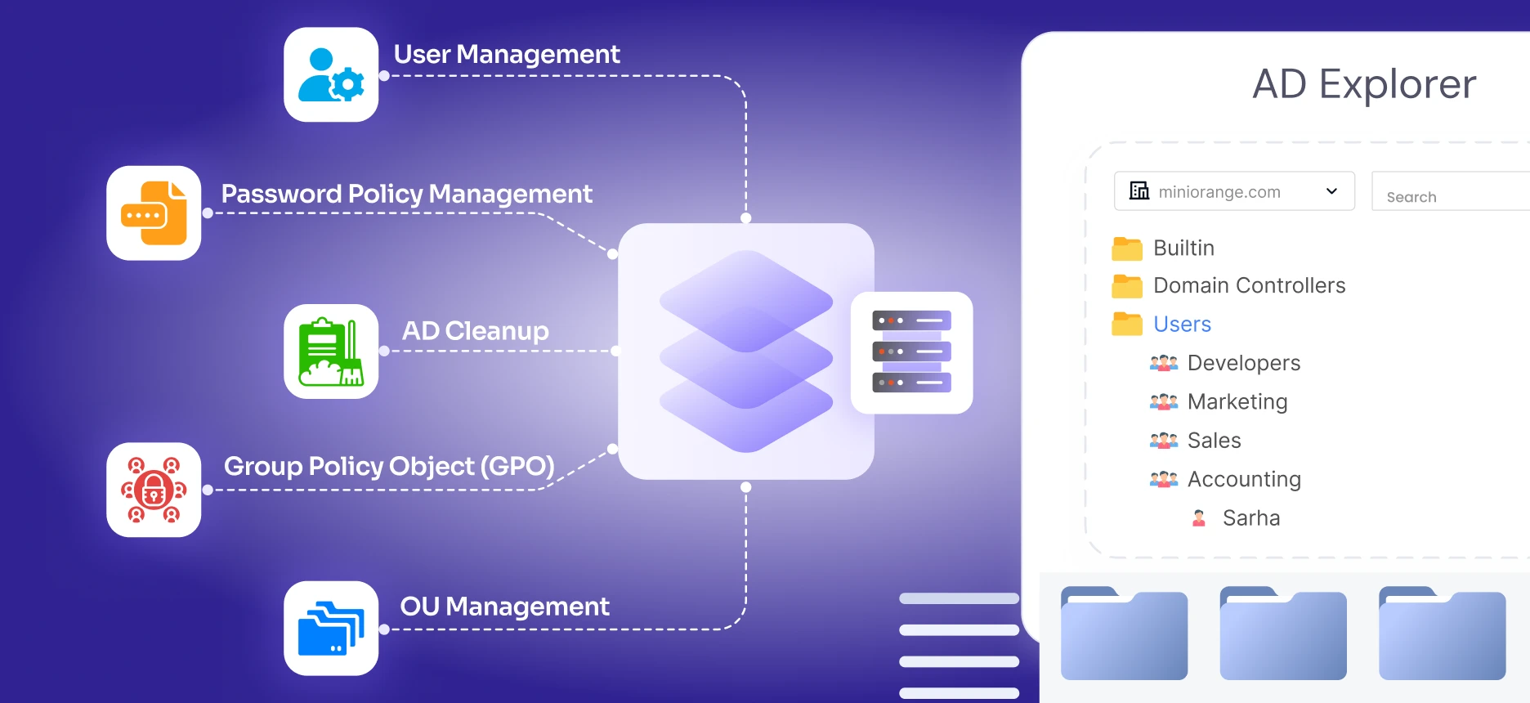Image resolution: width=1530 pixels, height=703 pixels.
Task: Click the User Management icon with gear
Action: click(x=331, y=74)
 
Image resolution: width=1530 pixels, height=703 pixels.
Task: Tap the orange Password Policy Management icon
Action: click(x=154, y=213)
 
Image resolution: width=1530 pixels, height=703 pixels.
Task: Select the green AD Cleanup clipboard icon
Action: click(x=331, y=351)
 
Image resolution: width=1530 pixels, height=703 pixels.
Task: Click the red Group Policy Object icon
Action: click(x=154, y=490)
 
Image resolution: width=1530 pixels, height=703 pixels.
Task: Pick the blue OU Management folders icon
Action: click(x=331, y=628)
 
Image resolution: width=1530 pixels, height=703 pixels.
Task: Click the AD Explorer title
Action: click(x=1363, y=84)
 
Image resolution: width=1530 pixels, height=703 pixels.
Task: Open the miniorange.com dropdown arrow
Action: click(x=1331, y=191)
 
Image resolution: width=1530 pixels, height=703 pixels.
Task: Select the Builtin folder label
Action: click(x=1183, y=248)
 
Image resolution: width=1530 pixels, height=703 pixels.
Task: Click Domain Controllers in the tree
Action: click(x=1249, y=285)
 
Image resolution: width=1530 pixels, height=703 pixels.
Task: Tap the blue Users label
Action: click(x=1182, y=324)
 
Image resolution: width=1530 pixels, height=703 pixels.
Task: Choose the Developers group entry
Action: click(x=1243, y=363)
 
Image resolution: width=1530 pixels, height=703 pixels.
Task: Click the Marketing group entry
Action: click(x=1237, y=401)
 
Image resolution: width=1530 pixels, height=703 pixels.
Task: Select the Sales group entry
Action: click(x=1214, y=441)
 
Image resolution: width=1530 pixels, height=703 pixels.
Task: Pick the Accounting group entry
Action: click(x=1243, y=479)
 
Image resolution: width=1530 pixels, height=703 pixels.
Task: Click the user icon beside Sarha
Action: click(x=1199, y=518)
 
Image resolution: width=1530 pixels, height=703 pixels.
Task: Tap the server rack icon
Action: click(x=911, y=352)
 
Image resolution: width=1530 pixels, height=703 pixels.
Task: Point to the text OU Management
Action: click(x=504, y=607)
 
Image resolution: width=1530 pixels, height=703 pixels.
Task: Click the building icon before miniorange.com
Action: click(x=1139, y=191)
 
